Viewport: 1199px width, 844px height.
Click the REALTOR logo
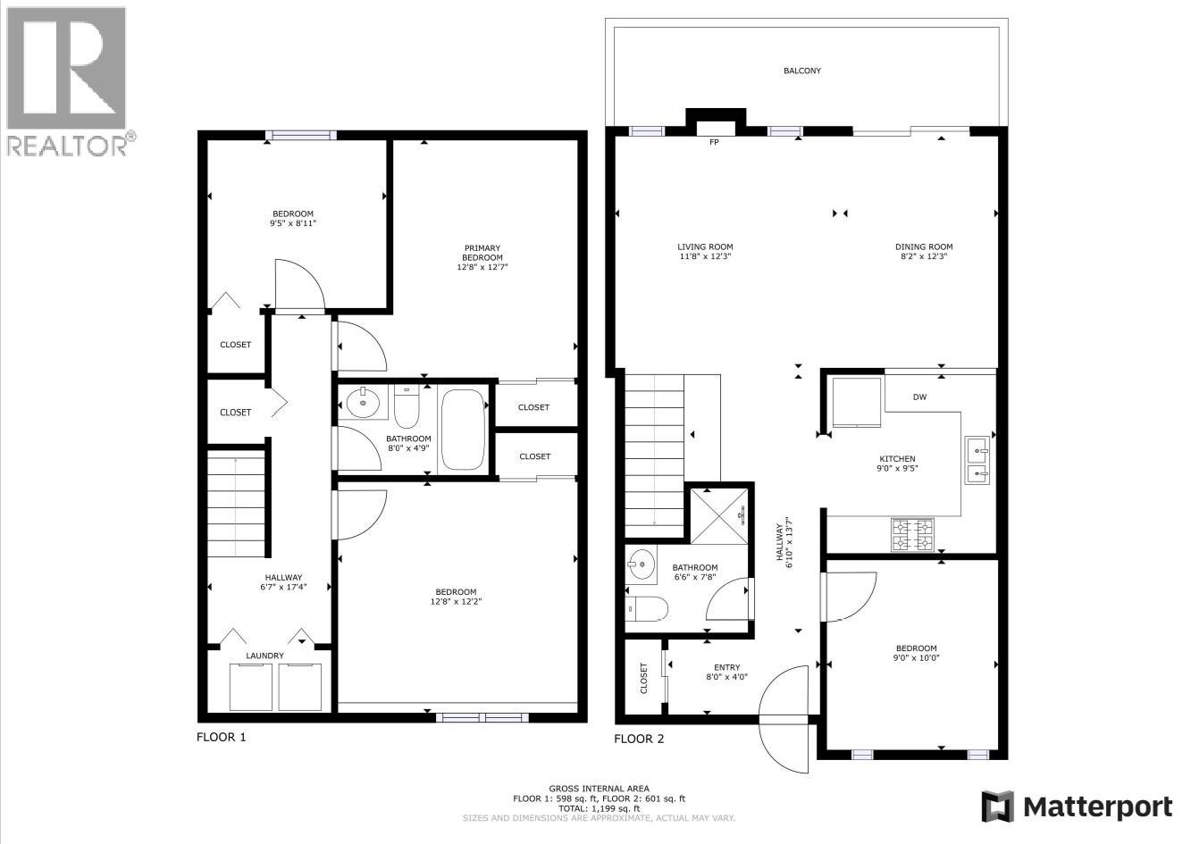point(67,80)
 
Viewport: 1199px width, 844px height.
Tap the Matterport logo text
point(1097,807)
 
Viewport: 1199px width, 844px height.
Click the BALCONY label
point(801,71)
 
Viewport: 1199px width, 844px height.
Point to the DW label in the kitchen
point(919,397)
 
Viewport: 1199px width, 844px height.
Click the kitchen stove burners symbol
point(911,534)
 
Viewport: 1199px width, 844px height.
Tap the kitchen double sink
point(977,459)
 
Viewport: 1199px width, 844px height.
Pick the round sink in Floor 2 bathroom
point(641,564)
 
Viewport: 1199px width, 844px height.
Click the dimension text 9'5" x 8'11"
point(294,223)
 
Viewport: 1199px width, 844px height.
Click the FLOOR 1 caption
point(221,737)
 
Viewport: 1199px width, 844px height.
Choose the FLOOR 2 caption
point(639,739)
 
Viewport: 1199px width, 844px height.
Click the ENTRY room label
point(726,667)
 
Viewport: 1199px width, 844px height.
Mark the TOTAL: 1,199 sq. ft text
point(599,808)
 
